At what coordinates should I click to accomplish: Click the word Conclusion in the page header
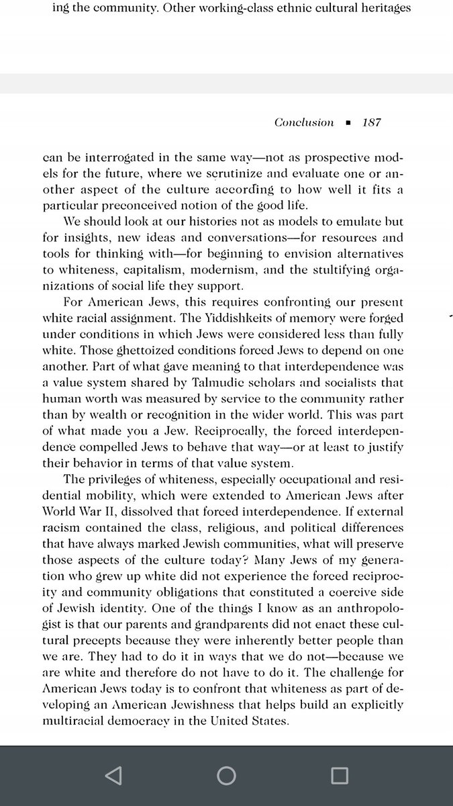304,122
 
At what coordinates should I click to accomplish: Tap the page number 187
372,122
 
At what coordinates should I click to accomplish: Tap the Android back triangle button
113,775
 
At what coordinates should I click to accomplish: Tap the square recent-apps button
340,775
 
